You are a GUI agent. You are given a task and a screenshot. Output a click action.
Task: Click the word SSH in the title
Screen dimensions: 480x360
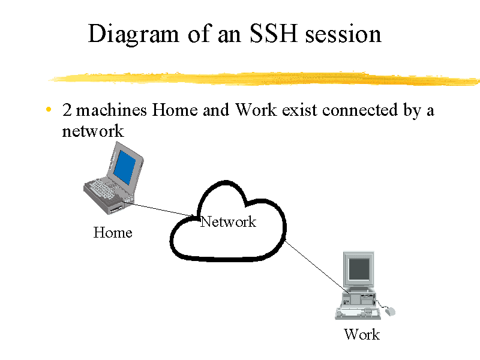[273, 34]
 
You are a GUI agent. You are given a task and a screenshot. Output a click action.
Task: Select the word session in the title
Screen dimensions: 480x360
[343, 34]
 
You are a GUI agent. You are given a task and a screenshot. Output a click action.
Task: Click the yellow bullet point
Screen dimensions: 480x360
[49, 109]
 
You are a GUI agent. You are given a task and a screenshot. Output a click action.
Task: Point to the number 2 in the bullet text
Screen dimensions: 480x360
[67, 110]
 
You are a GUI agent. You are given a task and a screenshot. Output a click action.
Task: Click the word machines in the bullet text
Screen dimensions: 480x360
[112, 110]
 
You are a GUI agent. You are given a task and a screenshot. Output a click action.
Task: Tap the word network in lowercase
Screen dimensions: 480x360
[93, 131]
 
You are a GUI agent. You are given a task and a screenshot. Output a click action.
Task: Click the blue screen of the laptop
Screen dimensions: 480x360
[124, 167]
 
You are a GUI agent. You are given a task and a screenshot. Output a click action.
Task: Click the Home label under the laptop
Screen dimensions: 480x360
[113, 233]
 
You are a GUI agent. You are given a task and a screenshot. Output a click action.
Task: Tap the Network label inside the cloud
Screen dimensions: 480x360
[228, 221]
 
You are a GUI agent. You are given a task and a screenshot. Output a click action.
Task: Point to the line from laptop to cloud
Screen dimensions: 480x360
[160, 209]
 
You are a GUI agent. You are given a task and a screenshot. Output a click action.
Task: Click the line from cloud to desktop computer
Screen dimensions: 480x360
[316, 266]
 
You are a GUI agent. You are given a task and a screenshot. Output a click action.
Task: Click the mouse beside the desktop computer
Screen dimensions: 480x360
[390, 311]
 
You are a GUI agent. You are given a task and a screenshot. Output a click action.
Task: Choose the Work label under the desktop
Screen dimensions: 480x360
[362, 334]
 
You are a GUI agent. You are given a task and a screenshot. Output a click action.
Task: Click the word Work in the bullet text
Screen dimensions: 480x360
[256, 110]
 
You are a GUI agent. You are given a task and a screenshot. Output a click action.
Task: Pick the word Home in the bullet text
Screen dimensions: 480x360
[175, 110]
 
